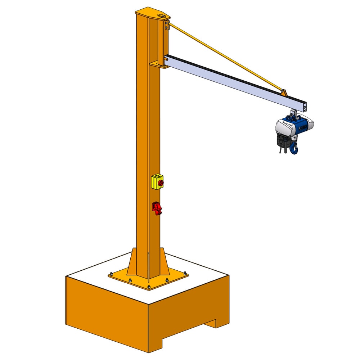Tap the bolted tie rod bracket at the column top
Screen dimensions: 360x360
[x=166, y=25]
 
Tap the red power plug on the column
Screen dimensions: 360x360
[x=157, y=208]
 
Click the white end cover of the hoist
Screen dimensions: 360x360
[x=283, y=128]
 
